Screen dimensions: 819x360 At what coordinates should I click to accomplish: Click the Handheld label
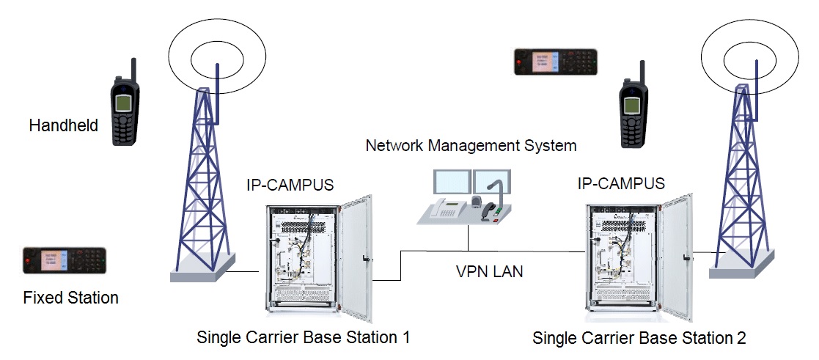coord(63,126)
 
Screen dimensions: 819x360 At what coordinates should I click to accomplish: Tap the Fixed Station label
coord(70,298)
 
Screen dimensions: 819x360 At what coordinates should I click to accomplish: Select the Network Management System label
coord(471,145)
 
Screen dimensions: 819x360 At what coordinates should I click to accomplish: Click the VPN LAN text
coord(489,272)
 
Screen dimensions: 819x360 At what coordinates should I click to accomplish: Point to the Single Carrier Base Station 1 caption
coord(303,337)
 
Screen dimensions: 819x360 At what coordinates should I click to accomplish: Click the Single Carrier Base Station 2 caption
coord(639,338)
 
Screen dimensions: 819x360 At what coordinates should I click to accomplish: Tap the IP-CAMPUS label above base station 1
coord(290,185)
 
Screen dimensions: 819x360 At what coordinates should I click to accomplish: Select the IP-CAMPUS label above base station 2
coord(621,183)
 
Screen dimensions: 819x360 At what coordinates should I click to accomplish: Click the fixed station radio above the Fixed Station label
coord(65,260)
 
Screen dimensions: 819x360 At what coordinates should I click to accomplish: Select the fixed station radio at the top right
coord(556,62)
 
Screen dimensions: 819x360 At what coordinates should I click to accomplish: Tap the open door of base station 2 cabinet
coord(676,257)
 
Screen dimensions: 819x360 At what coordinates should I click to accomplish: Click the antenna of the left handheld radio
coord(133,70)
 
